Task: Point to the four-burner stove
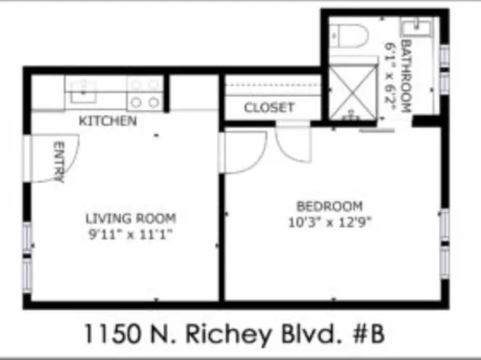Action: pyautogui.click(x=144, y=93)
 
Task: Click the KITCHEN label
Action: pyautogui.click(x=107, y=121)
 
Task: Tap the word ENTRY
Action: pyautogui.click(x=58, y=162)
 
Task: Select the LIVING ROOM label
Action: pyautogui.click(x=132, y=218)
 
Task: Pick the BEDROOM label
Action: pyautogui.click(x=329, y=205)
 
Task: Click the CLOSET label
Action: pyautogui.click(x=269, y=107)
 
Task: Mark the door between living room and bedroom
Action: pyautogui.click(x=242, y=149)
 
